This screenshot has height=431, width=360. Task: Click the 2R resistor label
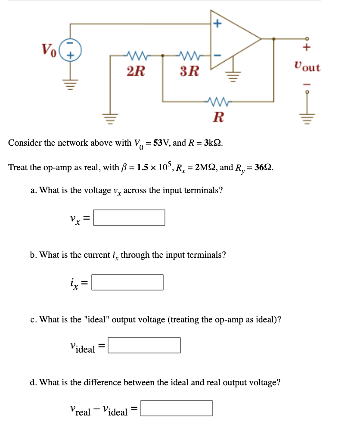point(136,70)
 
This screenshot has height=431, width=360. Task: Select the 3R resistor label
point(189,70)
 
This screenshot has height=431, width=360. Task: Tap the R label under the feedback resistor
point(219,116)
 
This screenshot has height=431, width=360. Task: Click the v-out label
point(307,67)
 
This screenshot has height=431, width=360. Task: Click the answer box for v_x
point(129,218)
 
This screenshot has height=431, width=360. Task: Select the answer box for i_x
point(127,282)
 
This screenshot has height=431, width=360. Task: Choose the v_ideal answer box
point(144,345)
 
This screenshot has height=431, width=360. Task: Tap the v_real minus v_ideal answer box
point(177,408)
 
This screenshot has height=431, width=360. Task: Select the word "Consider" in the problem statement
point(25,143)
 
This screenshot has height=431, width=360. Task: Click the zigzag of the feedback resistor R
point(218,102)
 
